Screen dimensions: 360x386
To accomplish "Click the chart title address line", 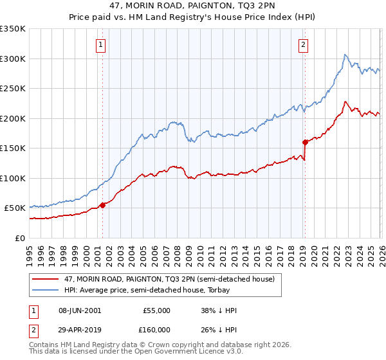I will click(193, 6).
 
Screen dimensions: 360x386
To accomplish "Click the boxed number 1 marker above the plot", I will click(102, 45).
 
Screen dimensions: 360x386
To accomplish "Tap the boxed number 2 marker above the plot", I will click(302, 45).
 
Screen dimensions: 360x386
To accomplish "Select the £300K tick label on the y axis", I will click(13, 59).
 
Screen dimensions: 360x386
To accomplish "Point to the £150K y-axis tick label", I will click(13, 148).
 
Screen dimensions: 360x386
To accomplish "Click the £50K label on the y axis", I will click(15, 208).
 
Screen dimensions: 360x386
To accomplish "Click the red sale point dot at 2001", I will click(102, 205).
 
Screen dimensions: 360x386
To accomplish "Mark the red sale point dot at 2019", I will click(305, 142).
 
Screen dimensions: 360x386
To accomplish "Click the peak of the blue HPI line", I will click(345, 55).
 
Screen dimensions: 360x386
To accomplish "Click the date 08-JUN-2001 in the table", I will click(80, 310).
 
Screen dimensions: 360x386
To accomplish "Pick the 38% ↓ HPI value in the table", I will click(219, 310).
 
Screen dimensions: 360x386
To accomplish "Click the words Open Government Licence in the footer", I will click(188, 353).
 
